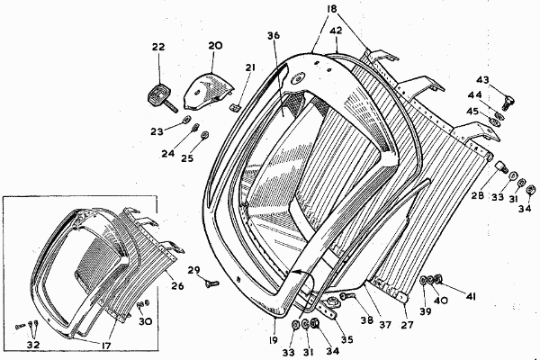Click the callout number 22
pos(158,48)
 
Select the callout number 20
pos(215,46)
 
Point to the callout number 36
pos(274,35)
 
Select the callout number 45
pos(471,112)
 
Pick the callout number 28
pos(478,194)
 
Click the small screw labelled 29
pos(209,283)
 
